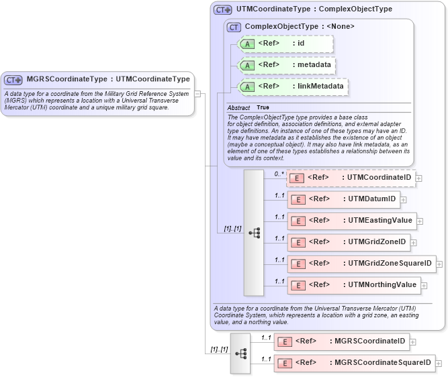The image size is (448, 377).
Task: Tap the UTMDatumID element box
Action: [x=343, y=199]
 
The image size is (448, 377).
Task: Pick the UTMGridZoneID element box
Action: [x=347, y=241]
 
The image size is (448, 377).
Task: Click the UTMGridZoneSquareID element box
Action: [x=361, y=263]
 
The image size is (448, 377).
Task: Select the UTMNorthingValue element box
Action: [x=354, y=284]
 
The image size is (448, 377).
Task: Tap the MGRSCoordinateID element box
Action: [x=341, y=341]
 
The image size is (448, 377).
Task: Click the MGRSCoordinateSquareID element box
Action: [x=354, y=363]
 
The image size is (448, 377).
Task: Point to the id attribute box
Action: [x=285, y=44]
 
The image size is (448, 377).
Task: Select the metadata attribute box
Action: [x=287, y=65]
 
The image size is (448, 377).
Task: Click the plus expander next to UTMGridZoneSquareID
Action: [x=439, y=264]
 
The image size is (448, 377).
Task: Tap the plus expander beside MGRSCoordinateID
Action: [x=413, y=341]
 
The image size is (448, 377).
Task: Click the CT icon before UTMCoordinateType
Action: [x=223, y=9]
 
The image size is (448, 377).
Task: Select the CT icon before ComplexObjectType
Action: [x=234, y=27]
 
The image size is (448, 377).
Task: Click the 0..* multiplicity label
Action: [x=279, y=174]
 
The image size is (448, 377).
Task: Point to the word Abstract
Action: [x=238, y=107]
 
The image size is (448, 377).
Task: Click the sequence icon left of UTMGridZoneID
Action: [x=254, y=233]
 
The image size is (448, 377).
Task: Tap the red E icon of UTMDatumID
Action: [x=298, y=199]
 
